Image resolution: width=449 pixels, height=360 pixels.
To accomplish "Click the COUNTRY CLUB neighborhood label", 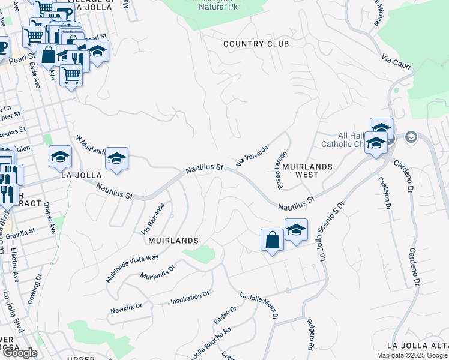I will tap(256, 44).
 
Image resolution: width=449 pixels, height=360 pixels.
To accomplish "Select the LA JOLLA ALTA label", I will tap(417, 346).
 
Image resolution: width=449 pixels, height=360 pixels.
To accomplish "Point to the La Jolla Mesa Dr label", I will tap(259, 305).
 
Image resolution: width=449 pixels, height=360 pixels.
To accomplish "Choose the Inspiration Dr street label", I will tap(190, 297).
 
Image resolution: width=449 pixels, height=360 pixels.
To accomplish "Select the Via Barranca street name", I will tap(152, 219).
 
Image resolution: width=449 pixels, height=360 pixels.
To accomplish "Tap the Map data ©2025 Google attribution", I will tap(412, 355).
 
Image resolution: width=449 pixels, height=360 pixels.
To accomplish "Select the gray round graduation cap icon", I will tap(411, 137).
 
